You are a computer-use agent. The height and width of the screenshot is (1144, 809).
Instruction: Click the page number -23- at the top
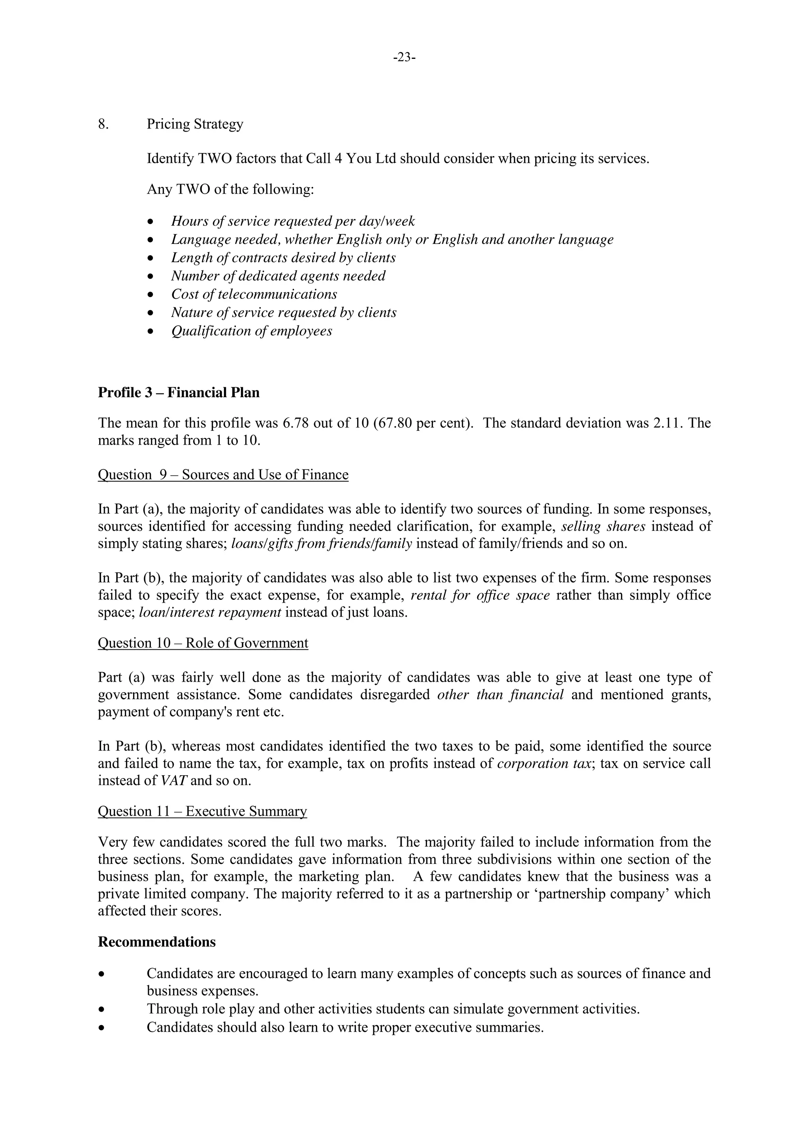tap(404, 58)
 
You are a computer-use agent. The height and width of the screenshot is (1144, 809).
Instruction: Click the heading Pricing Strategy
tap(195, 124)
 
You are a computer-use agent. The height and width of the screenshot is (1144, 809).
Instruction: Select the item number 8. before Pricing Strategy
tap(103, 124)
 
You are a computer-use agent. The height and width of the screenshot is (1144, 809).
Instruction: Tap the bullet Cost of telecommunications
tap(254, 294)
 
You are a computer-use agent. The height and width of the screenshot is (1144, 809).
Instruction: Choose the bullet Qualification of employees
tap(252, 331)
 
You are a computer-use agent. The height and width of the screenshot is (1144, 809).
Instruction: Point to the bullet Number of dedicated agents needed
tap(278, 276)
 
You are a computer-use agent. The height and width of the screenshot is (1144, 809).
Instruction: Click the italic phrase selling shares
tap(603, 526)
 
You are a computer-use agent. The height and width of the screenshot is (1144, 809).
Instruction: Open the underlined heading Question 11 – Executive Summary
tap(202, 811)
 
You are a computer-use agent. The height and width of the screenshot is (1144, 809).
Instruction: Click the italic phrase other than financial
tap(500, 695)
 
